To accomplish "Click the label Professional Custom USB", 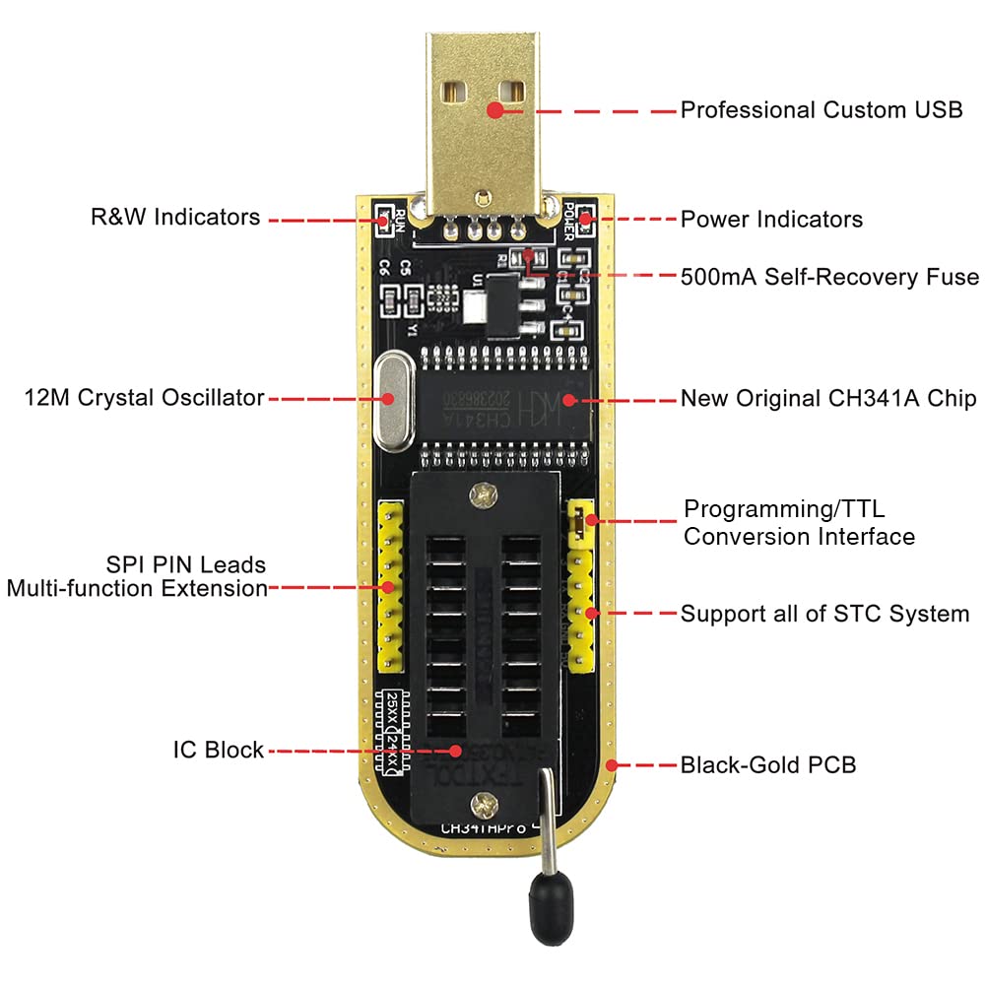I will point(822,109).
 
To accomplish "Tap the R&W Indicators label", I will point(175,217).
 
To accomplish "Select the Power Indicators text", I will point(771,219).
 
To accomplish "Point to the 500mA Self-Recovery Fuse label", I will point(829,277).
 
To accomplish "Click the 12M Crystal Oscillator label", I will point(145,398).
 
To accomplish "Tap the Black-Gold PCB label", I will point(768,764).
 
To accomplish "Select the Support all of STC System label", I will point(824,614).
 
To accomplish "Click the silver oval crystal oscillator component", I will point(392,399).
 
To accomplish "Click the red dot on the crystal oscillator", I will point(390,399).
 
